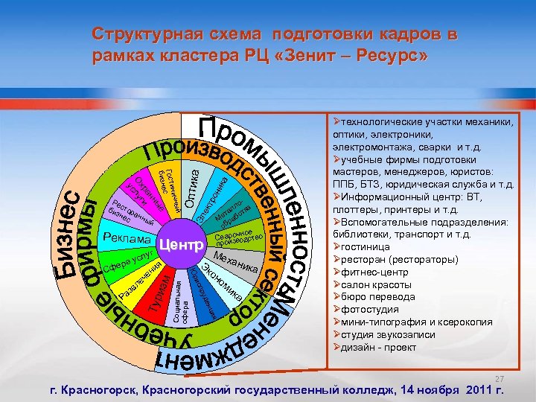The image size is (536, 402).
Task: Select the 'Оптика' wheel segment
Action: pos(191,189)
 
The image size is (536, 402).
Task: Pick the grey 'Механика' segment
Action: pos(236,264)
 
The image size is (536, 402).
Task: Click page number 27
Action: pos(500,378)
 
